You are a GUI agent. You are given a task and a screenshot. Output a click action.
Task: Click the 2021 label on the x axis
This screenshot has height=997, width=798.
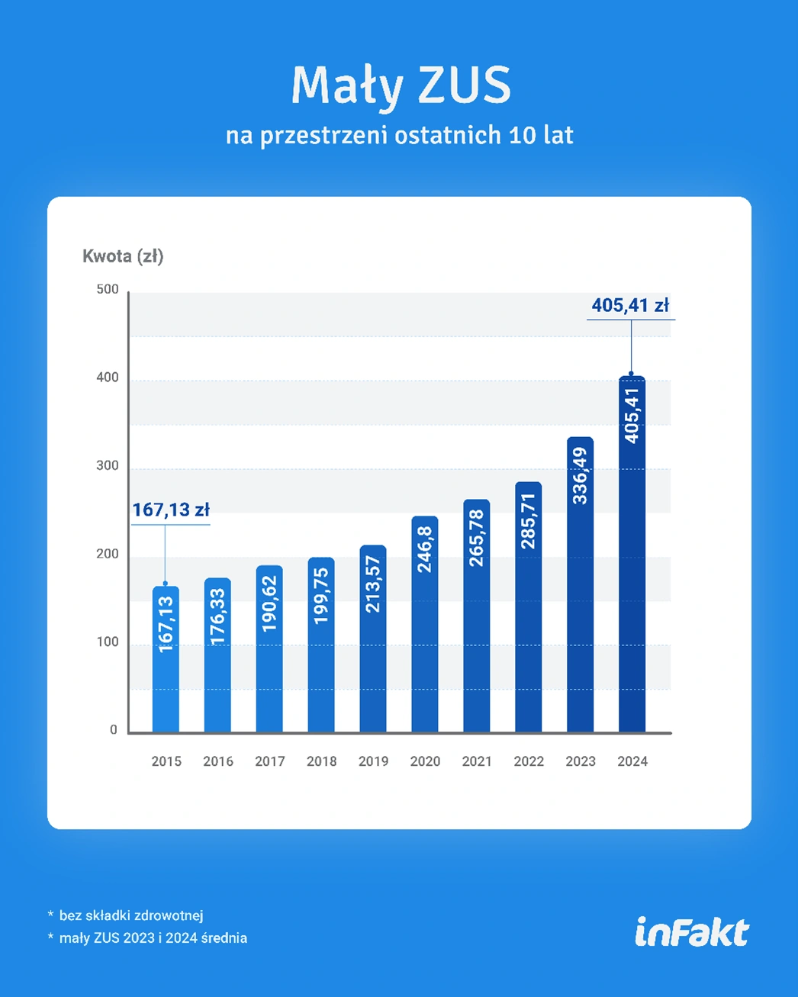[x=477, y=761]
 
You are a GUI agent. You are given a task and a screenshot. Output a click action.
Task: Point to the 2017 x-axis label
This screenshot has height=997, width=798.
[x=270, y=761]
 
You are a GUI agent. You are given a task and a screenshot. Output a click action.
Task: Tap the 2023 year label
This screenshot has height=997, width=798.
[x=581, y=761]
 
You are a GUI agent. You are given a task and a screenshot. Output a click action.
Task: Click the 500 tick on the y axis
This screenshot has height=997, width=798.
[x=108, y=289]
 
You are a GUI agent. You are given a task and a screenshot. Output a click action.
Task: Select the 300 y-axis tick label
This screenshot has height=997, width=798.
[x=108, y=465]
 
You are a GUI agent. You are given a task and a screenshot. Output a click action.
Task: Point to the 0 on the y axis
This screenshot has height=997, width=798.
[x=114, y=730]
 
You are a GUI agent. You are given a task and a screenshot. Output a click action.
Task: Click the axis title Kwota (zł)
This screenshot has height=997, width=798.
[x=123, y=256]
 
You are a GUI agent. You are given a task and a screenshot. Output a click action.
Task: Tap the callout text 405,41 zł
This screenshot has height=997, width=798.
[x=630, y=306]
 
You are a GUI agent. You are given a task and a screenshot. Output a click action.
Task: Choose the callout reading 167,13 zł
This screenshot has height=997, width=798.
[x=171, y=510]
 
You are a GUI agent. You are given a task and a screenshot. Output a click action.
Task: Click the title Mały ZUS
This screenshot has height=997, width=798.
[x=401, y=85]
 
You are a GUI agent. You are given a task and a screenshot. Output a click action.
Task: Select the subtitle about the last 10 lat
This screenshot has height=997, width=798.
[x=399, y=135]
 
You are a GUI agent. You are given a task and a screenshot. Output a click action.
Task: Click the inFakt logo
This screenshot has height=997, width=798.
[x=692, y=932]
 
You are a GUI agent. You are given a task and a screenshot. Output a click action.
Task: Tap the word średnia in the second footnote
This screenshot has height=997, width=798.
[x=224, y=938]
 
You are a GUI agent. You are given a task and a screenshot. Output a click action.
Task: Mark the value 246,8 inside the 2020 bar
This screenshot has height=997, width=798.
[x=425, y=550]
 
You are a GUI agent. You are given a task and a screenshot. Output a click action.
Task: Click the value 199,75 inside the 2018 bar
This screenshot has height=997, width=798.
[x=321, y=596]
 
